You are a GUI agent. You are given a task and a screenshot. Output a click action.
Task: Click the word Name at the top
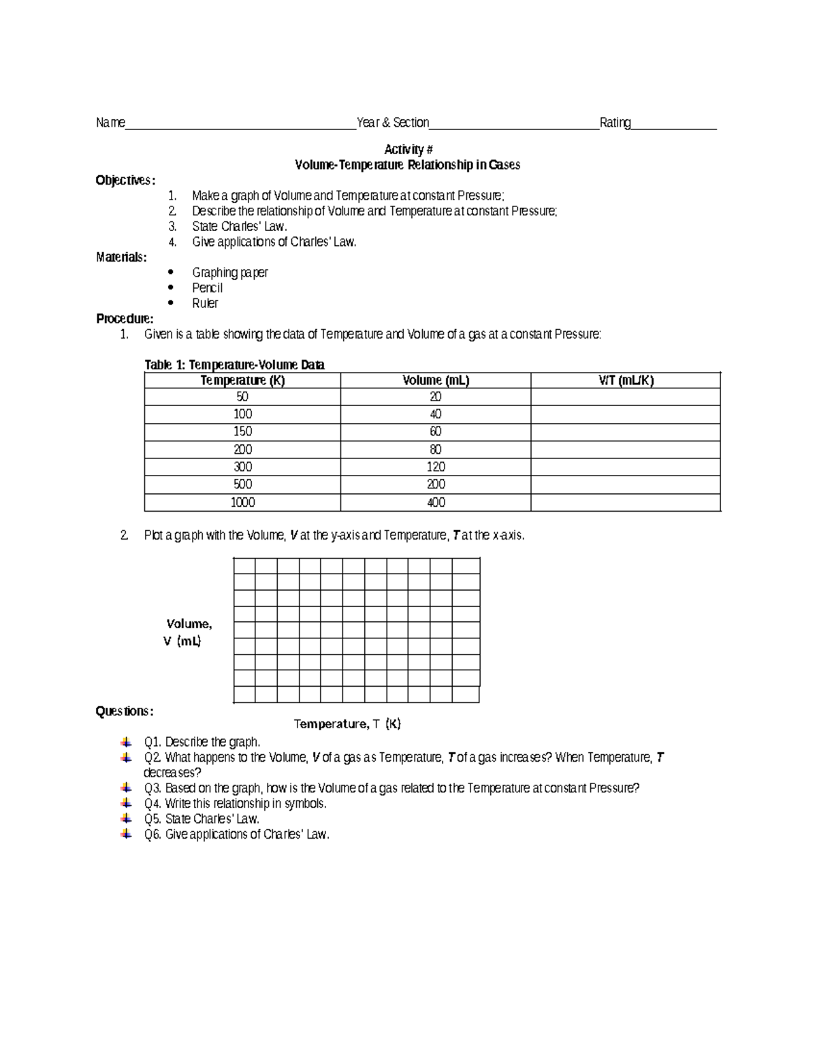click(110, 123)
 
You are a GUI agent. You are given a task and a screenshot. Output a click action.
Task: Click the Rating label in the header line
click(615, 123)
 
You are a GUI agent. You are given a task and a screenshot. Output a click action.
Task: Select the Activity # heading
click(408, 149)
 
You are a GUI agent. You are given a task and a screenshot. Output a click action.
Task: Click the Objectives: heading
click(125, 181)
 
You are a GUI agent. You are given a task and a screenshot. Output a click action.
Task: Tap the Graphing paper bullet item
click(229, 273)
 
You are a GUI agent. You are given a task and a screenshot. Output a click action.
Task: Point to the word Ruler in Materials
click(205, 303)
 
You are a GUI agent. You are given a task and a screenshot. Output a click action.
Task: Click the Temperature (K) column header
click(242, 381)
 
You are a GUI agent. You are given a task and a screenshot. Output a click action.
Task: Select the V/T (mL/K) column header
click(626, 381)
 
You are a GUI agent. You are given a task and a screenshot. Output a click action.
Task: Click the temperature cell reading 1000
click(242, 503)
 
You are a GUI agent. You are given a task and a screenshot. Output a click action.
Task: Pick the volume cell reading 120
click(436, 467)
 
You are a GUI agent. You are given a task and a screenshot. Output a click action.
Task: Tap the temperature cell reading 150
click(242, 432)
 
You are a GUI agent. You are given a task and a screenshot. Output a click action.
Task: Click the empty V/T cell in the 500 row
click(626, 484)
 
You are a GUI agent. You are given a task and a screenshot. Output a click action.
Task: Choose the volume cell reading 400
click(436, 503)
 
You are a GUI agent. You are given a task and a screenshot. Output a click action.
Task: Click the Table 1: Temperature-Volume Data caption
click(234, 365)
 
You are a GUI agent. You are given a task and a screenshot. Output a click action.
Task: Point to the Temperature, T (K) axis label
click(347, 724)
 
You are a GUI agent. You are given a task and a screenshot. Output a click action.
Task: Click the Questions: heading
click(125, 711)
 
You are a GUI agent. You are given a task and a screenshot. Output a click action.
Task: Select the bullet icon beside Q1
click(125, 742)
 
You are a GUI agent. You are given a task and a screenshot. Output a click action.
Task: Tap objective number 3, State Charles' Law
click(239, 227)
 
